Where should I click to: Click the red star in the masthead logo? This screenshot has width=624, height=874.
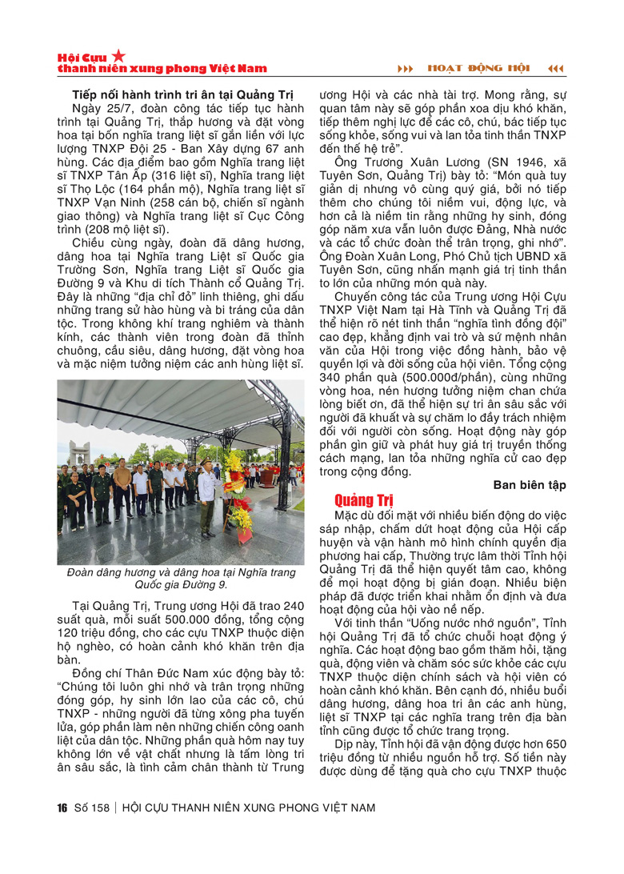[x=118, y=55]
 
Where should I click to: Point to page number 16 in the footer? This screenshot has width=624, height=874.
[x=62, y=807]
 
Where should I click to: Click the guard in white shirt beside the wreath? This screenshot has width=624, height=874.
[x=210, y=496]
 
